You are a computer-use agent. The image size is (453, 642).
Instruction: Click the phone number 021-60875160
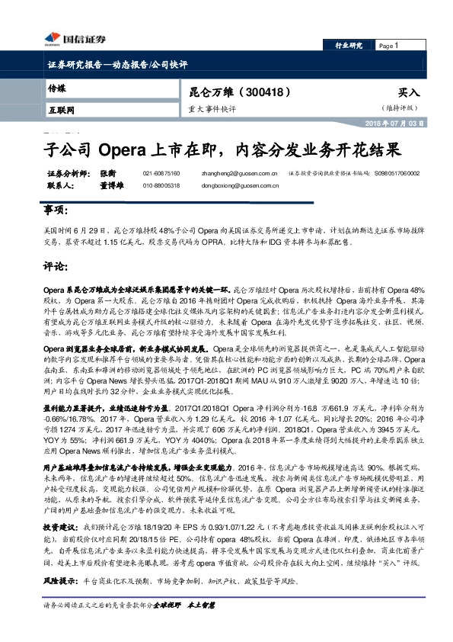pos(161,174)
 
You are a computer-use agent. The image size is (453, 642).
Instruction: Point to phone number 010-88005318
pos(161,185)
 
